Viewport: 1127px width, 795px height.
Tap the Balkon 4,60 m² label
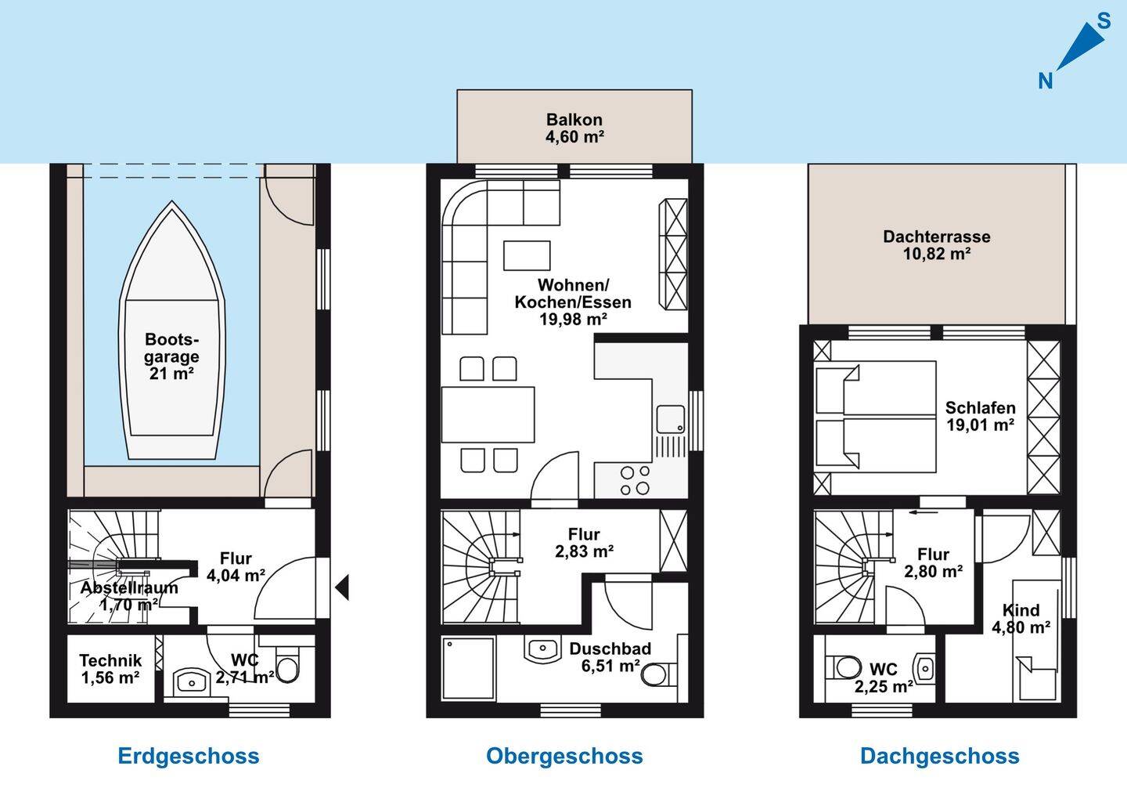(574, 128)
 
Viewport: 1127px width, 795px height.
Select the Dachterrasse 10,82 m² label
(937, 244)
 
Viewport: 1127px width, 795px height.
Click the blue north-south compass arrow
(1081, 48)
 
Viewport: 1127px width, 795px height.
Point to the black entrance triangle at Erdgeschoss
(342, 587)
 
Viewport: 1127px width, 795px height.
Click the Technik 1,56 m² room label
(110, 669)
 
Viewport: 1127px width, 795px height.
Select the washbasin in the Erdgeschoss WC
(191, 681)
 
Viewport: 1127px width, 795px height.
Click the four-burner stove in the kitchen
(635, 480)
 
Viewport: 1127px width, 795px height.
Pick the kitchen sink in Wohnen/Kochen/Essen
(670, 419)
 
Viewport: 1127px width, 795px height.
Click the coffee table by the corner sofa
(527, 255)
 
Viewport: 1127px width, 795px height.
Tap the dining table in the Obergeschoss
(488, 414)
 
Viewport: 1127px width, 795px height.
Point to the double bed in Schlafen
(876, 417)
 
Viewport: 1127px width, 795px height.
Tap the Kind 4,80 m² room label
(1021, 619)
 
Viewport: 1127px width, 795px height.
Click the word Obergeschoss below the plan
(564, 757)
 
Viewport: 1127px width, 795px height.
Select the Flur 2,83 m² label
(584, 542)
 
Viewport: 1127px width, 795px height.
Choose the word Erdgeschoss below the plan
(189, 757)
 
